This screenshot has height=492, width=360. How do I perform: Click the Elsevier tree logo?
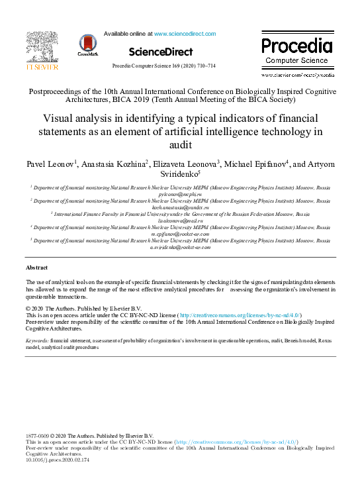pos(42,47)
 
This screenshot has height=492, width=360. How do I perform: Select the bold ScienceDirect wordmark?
pos(161,52)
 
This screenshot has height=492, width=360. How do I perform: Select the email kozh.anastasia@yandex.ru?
pos(180,207)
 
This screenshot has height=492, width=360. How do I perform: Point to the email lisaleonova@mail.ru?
pos(180,221)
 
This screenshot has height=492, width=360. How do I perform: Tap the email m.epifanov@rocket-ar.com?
pos(180,234)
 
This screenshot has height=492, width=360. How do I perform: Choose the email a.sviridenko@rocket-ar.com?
pos(180,247)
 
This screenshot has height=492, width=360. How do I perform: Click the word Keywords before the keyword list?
pos(37,340)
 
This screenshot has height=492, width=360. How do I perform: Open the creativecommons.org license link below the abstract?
pos(240,315)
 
